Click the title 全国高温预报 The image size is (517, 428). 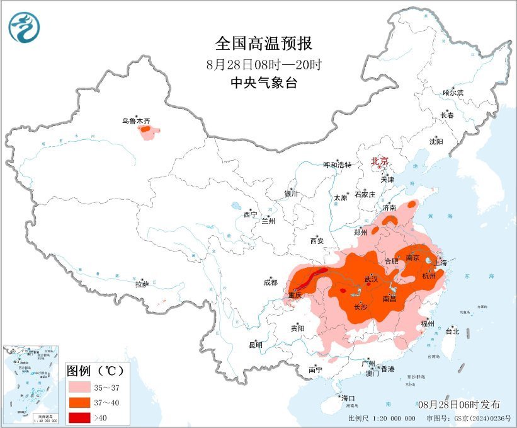point(263,43)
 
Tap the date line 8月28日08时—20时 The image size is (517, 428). point(263,64)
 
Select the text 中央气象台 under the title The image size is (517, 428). point(263,83)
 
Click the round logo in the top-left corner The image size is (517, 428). point(24,28)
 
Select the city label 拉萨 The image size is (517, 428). point(142,284)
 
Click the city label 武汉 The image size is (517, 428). point(371,279)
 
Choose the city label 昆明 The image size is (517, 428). point(255,345)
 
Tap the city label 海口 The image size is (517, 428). point(348,398)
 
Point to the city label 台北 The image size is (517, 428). point(452,331)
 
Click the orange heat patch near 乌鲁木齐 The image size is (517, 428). point(147,132)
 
